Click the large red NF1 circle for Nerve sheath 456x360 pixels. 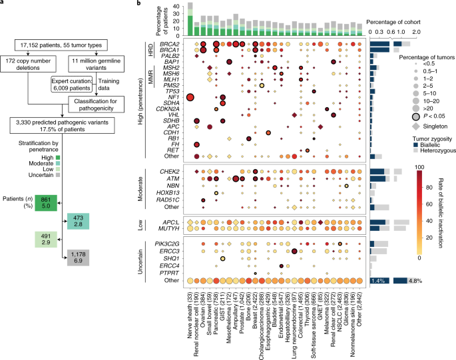pyautogui.click(x=190, y=98)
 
